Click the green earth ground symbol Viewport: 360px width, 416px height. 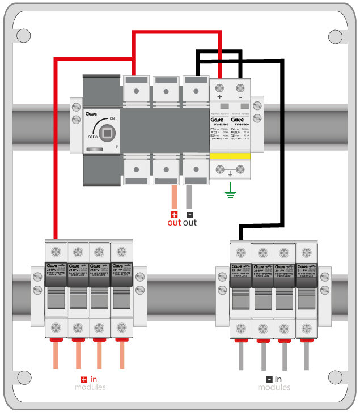[x=230, y=195]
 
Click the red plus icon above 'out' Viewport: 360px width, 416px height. [x=174, y=215]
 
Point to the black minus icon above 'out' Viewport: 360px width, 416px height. [x=189, y=215]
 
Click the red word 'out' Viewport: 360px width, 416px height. [x=173, y=223]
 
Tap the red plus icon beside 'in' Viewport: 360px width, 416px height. [x=84, y=379]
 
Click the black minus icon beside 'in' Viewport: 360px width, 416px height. [x=269, y=379]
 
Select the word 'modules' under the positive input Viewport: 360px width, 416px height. [x=90, y=387]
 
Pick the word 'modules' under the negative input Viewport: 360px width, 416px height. [x=274, y=387]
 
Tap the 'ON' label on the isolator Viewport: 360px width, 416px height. [x=112, y=118]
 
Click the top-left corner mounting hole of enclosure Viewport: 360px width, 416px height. [x=23, y=36]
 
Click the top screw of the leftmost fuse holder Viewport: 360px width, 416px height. [x=56, y=251]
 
